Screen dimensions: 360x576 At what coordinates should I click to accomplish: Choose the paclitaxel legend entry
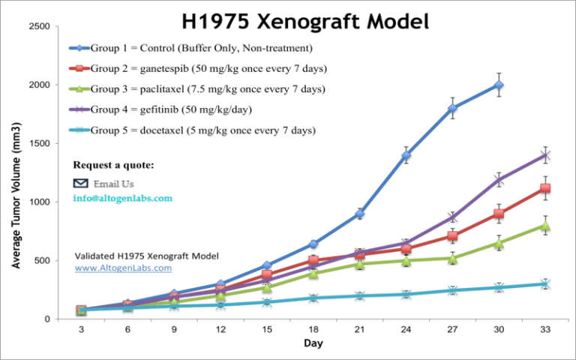[x=208, y=89]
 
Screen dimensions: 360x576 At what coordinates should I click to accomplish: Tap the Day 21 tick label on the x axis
[x=360, y=329]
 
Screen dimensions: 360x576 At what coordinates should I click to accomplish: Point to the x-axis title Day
[x=313, y=343]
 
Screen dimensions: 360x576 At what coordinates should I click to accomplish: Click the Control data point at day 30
[x=498, y=85]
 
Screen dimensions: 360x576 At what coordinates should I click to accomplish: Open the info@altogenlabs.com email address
[x=123, y=199]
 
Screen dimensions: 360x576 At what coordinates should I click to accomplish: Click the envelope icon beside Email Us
[x=80, y=183]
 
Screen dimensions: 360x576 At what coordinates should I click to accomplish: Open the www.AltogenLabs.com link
[x=123, y=268]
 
